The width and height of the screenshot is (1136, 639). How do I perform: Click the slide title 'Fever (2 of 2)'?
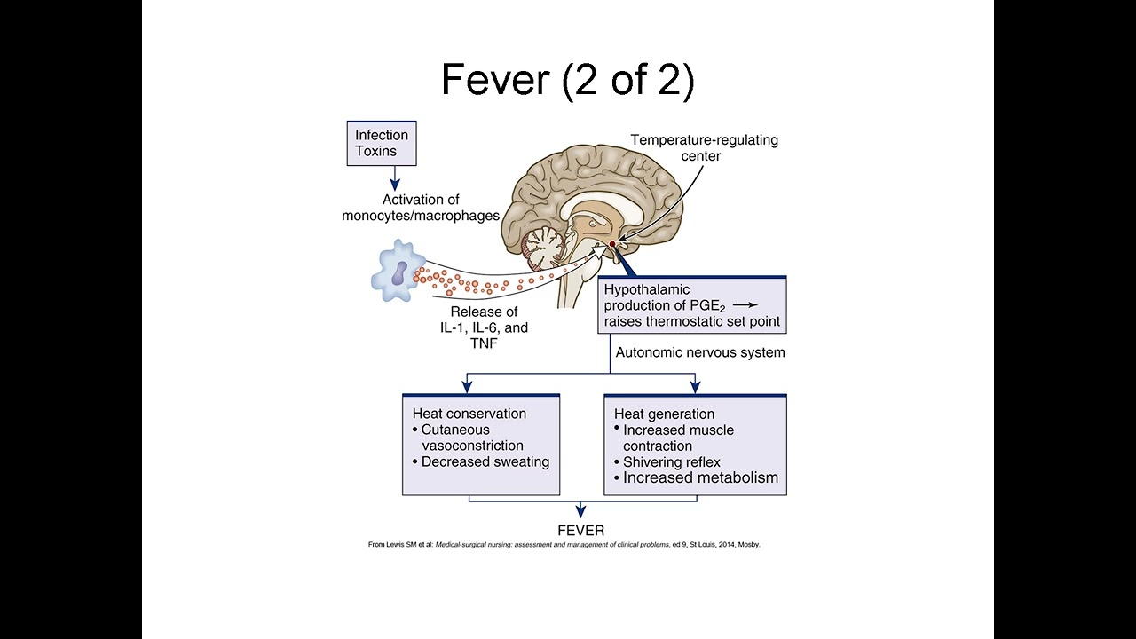[x=567, y=80]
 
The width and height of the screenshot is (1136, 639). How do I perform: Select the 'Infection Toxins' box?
[x=382, y=144]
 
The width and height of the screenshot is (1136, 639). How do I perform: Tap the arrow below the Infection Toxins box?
[x=382, y=179]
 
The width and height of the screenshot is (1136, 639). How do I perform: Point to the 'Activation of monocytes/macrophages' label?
[x=421, y=208]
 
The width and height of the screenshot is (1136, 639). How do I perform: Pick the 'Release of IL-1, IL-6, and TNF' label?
[x=485, y=327]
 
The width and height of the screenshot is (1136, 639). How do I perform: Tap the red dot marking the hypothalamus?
[x=612, y=243]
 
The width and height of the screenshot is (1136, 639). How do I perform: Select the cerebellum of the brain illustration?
[x=544, y=246]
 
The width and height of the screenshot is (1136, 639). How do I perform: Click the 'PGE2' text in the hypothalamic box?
[x=710, y=305]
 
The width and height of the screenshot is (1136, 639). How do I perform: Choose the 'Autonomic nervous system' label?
[x=700, y=352]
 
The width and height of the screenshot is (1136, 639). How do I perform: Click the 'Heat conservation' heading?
[x=469, y=414]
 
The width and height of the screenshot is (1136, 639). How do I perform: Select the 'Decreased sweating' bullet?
[x=485, y=461]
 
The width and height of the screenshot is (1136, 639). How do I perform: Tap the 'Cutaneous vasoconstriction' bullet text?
[x=471, y=438]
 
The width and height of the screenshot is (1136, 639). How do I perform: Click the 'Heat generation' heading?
[x=665, y=414]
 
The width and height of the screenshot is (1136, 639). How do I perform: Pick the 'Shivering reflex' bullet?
[x=671, y=461]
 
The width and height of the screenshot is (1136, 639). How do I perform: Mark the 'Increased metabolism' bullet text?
[x=700, y=478]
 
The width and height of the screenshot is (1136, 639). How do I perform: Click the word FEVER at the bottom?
[x=581, y=531]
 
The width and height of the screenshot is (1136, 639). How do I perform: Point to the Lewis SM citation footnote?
[x=564, y=545]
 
